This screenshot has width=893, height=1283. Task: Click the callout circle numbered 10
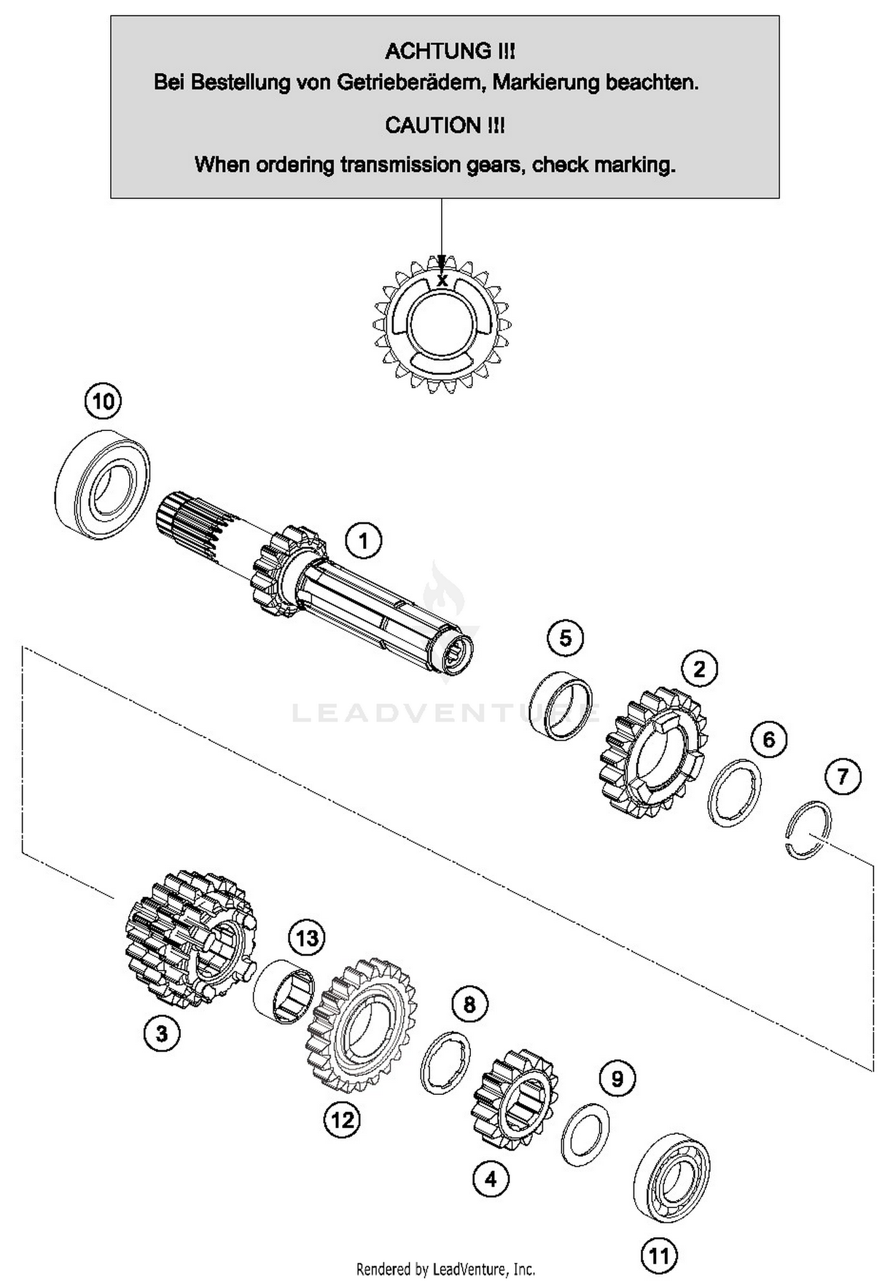coord(103,401)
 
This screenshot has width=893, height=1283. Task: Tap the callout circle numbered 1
coord(363,541)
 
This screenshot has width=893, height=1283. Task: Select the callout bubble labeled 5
coord(565,638)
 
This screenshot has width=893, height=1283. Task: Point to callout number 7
coord(842,776)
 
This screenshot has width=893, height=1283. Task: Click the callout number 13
coord(307,939)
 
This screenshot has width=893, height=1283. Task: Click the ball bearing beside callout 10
coord(102,485)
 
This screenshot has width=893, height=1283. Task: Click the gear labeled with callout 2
coord(654,751)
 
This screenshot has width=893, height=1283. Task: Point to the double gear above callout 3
coord(191,938)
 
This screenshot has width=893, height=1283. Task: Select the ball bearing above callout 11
coord(672,1178)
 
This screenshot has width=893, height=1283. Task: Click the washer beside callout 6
coord(735,792)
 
